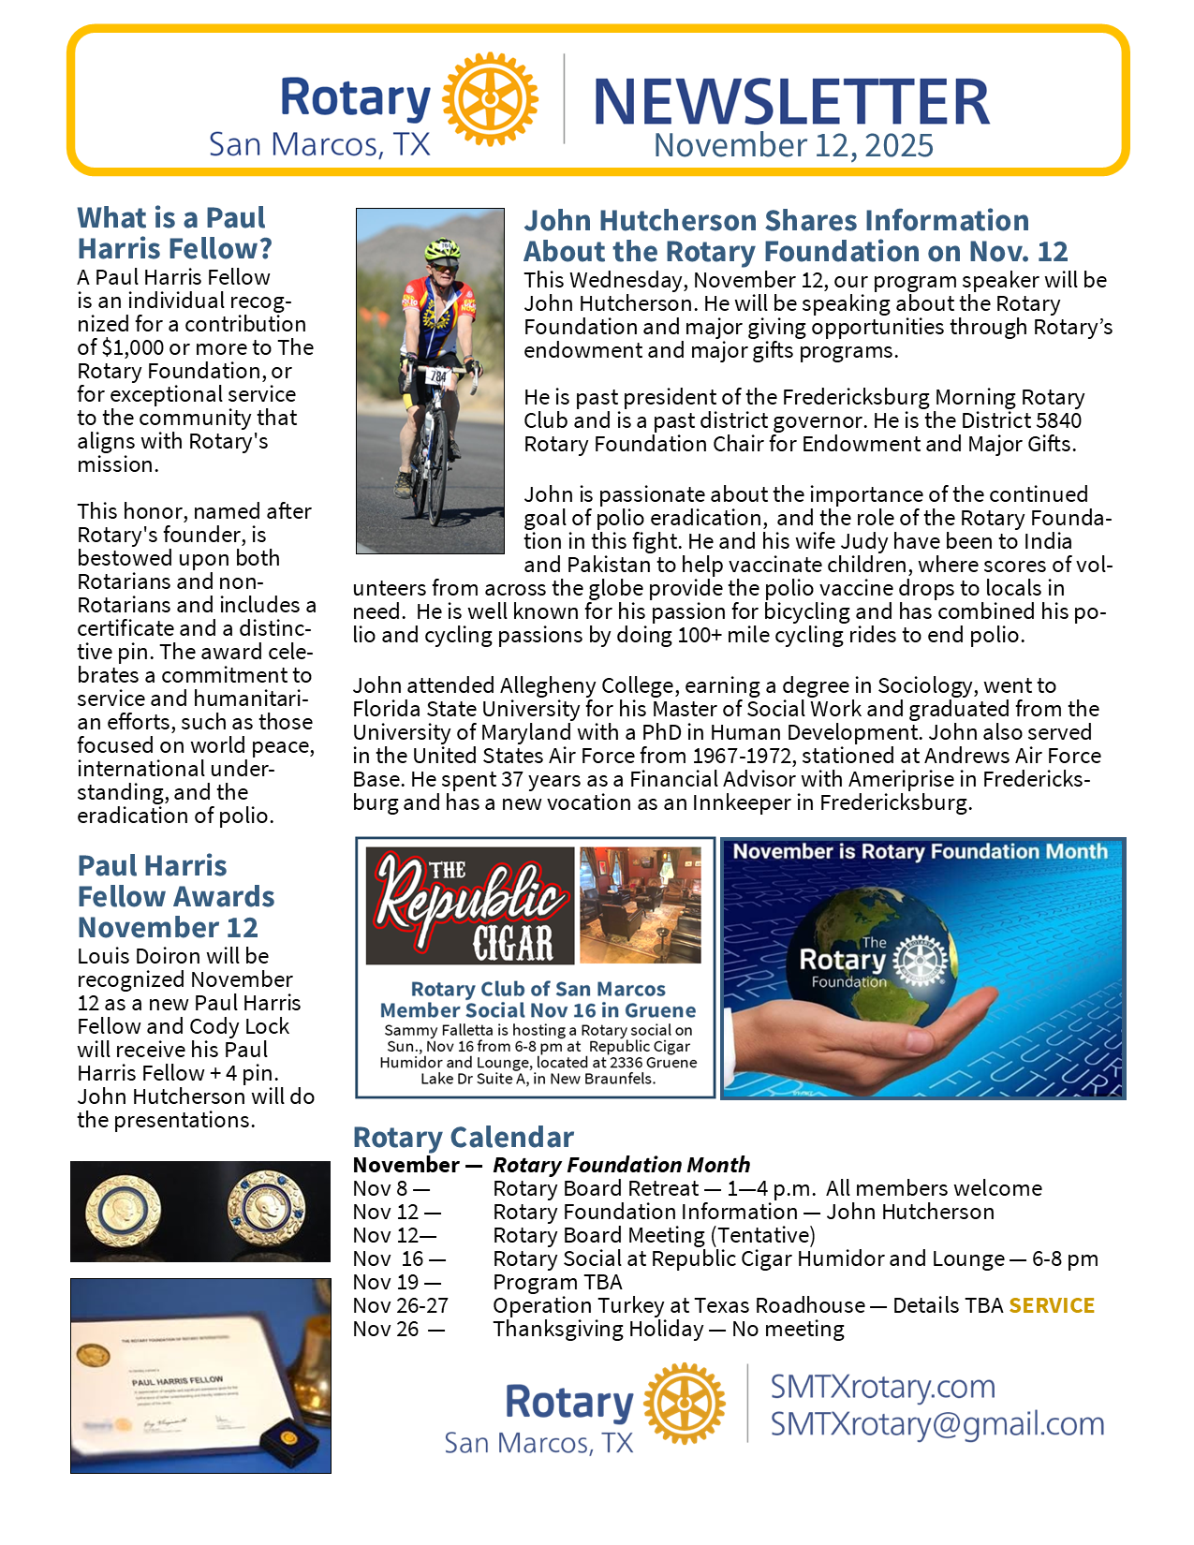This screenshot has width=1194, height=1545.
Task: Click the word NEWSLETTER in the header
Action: pyautogui.click(x=791, y=101)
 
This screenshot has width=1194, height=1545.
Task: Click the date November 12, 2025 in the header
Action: pyautogui.click(x=793, y=146)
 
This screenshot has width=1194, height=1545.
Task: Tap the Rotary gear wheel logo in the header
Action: pyautogui.click(x=490, y=99)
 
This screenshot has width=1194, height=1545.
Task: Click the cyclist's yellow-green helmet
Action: pyautogui.click(x=441, y=249)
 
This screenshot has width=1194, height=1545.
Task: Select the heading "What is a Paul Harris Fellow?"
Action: pyautogui.click(x=175, y=233)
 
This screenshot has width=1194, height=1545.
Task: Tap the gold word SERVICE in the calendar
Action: pyautogui.click(x=1051, y=1305)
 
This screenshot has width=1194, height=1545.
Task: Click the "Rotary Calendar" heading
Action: pyautogui.click(x=463, y=1137)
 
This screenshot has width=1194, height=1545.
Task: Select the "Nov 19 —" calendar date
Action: pyautogui.click(x=396, y=1282)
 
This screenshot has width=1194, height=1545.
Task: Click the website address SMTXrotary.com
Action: pyautogui.click(x=882, y=1387)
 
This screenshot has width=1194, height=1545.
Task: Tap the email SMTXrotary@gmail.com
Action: pyautogui.click(x=936, y=1424)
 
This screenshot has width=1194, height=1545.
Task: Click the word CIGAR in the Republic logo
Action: pyautogui.click(x=513, y=942)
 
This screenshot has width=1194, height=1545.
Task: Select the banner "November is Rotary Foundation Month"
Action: pyautogui.click(x=920, y=852)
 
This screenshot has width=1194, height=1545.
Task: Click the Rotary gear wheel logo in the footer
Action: pyautogui.click(x=684, y=1404)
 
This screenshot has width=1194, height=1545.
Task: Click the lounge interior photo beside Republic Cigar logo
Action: pyautogui.click(x=641, y=905)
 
